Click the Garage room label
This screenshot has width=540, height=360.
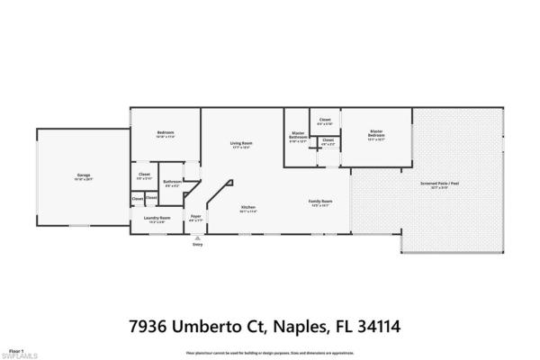point(83,175)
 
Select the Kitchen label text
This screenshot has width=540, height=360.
point(248,208)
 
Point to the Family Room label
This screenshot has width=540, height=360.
point(320,201)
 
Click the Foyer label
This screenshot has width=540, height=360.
point(194,217)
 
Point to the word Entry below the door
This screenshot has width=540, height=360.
point(197,245)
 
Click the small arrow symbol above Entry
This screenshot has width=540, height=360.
point(197,238)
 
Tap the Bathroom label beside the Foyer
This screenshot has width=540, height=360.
point(172,183)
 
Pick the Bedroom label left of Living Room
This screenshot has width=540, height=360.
point(166,133)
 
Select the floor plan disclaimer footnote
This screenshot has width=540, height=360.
point(270,354)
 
